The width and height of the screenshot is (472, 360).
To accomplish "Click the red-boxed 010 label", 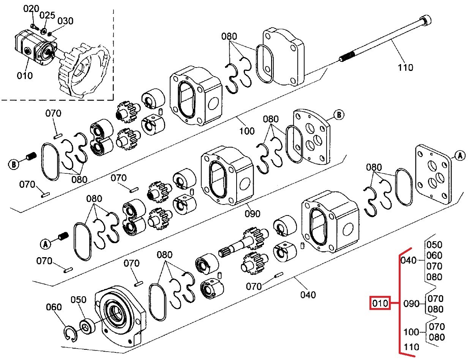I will point(380,303).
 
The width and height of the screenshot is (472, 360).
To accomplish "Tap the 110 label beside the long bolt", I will point(405,68).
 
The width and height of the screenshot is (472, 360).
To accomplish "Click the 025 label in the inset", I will point(47,15).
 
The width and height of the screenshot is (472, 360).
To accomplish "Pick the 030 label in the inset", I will point(65,21).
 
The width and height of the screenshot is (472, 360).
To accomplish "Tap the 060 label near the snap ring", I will point(54,307).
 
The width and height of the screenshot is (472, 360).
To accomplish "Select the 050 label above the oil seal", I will point(79,300).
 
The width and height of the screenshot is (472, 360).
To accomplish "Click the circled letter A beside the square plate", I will point(460,155).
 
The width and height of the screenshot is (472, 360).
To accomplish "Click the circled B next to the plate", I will point(339,114).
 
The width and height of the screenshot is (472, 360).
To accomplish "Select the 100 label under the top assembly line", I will point(247,131).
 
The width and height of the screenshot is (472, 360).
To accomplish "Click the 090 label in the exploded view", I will point(252,214).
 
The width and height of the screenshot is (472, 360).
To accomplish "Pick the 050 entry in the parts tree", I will point(434,245).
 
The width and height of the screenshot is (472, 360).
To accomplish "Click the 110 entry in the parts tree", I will point(411,347).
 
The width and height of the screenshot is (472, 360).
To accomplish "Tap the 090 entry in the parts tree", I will point(411,304).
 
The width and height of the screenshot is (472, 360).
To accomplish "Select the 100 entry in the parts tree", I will point(411,332).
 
